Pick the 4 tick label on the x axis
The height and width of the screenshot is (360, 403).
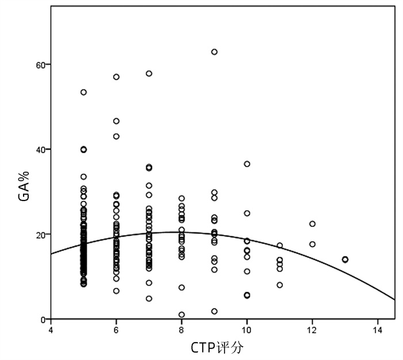(x=51, y=330)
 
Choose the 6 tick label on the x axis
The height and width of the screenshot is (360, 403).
(x=116, y=330)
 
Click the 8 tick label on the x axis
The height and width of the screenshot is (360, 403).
(x=181, y=330)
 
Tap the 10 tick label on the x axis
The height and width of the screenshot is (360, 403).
(x=247, y=330)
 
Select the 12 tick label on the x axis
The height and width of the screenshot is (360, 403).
(x=312, y=330)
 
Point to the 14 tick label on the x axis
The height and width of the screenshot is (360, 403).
(x=378, y=330)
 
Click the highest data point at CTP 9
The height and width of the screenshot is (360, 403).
(x=214, y=52)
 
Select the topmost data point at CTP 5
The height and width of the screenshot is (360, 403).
(x=83, y=92)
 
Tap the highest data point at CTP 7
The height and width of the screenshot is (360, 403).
(x=149, y=74)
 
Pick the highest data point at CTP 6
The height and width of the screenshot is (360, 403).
(x=116, y=77)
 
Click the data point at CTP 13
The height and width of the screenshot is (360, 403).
(x=345, y=259)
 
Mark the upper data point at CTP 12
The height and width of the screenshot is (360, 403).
(x=312, y=223)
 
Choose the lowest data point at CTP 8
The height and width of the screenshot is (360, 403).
(x=181, y=314)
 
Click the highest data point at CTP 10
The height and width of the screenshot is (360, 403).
(x=247, y=164)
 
